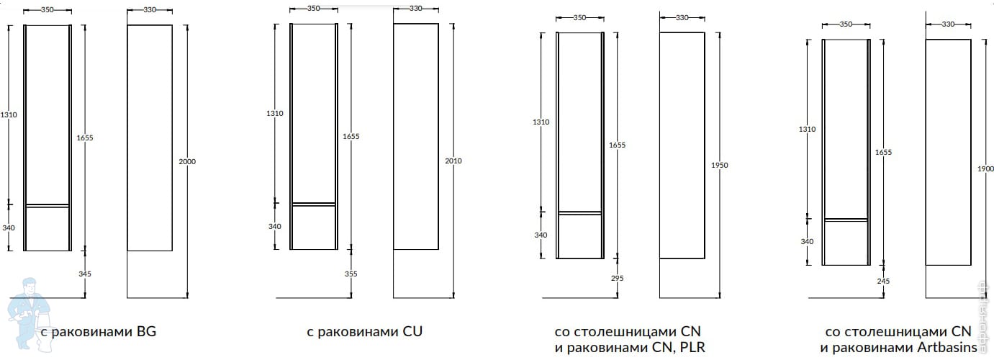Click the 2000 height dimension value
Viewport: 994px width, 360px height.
click(x=187, y=161)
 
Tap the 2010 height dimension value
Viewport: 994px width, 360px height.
click(x=453, y=161)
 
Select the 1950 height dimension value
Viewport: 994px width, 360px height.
click(x=720, y=166)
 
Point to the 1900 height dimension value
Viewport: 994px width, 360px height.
click(x=985, y=168)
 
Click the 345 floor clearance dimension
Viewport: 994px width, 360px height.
click(x=85, y=274)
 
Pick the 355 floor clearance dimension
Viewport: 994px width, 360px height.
click(x=351, y=274)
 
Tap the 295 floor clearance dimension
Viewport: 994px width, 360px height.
click(x=617, y=278)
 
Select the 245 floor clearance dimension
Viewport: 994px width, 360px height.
click(x=883, y=281)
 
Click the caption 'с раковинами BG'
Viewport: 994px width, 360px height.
click(x=99, y=332)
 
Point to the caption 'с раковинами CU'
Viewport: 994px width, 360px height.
click(x=364, y=332)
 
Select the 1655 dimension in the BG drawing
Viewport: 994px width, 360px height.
click(x=85, y=137)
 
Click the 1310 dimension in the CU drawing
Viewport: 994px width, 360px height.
click(x=275, y=114)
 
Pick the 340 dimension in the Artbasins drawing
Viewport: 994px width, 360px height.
click(x=807, y=241)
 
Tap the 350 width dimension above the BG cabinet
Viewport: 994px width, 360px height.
click(x=48, y=11)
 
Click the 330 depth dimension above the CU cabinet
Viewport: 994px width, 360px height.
click(x=415, y=9)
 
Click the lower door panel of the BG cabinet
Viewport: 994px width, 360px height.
click(x=48, y=229)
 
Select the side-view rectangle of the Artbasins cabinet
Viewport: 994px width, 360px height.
click(x=948, y=152)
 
